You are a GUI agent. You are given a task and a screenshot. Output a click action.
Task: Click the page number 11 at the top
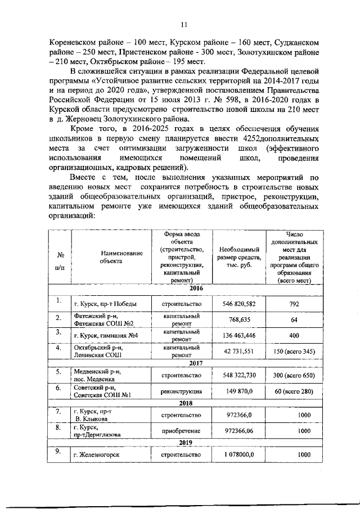183,24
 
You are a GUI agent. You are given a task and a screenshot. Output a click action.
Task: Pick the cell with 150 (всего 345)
293,352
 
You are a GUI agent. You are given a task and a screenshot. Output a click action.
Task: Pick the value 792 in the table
293,304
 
